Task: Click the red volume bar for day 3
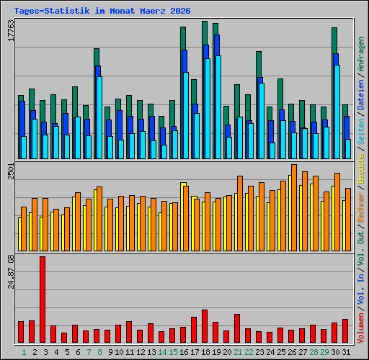43,300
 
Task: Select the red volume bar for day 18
205,326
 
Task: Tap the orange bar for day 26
294,208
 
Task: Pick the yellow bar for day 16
183,217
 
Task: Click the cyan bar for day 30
337,112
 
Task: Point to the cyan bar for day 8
99,117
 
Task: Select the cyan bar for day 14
164,152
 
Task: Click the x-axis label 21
238,352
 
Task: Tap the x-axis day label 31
346,352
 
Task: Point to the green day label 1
24,352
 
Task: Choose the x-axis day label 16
184,352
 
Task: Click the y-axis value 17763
11,30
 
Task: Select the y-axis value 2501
11,171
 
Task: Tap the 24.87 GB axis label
11,271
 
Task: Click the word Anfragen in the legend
361,54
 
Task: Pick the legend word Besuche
361,168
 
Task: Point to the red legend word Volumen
361,328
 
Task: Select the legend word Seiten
361,132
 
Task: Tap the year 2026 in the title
180,11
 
